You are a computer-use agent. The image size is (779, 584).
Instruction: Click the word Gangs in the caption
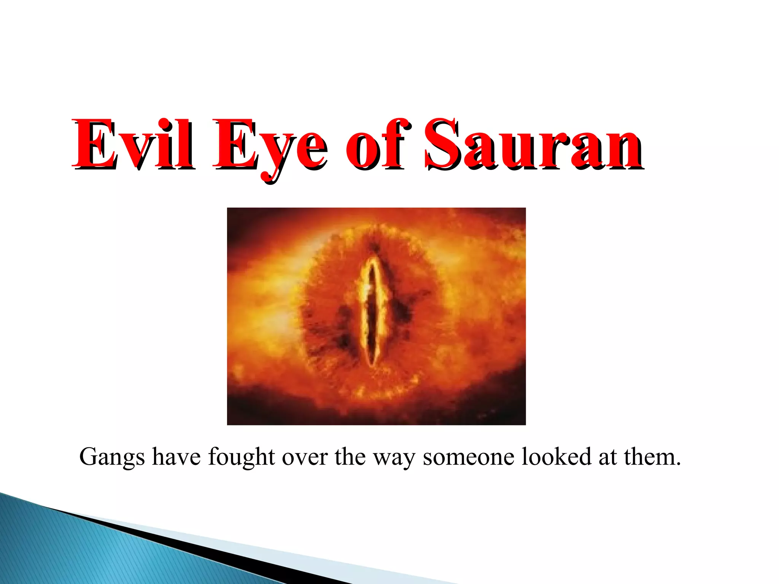112,458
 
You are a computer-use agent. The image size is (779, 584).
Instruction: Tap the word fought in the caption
241,457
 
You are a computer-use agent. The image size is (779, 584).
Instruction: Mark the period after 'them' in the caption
678,464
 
